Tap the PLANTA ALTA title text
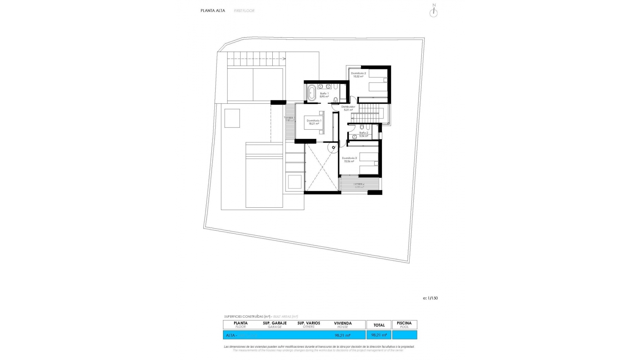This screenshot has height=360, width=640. tap(213, 11)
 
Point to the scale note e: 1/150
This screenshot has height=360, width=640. tap(430, 298)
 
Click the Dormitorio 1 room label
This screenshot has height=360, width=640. tap(314, 120)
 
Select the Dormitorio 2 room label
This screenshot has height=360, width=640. tap(358, 73)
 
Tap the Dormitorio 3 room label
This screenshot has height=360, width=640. tap(349, 158)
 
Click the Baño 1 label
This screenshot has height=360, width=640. tap(324, 94)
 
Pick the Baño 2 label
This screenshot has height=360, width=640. tap(364, 133)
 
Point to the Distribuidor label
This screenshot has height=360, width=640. tap(348, 107)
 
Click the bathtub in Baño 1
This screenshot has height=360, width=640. tap(312, 93)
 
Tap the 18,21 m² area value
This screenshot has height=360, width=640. tap(314, 124)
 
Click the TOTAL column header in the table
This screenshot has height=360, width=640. tap(379, 325)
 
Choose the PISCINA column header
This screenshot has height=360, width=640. tap(404, 323)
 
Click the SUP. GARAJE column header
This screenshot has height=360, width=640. tap(275, 323)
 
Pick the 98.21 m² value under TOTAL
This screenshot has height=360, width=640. tap(379, 335)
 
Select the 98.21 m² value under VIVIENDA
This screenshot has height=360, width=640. tap(342, 335)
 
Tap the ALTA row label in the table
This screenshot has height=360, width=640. tap(230, 335)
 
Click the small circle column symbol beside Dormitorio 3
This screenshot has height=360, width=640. tap(333, 147)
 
